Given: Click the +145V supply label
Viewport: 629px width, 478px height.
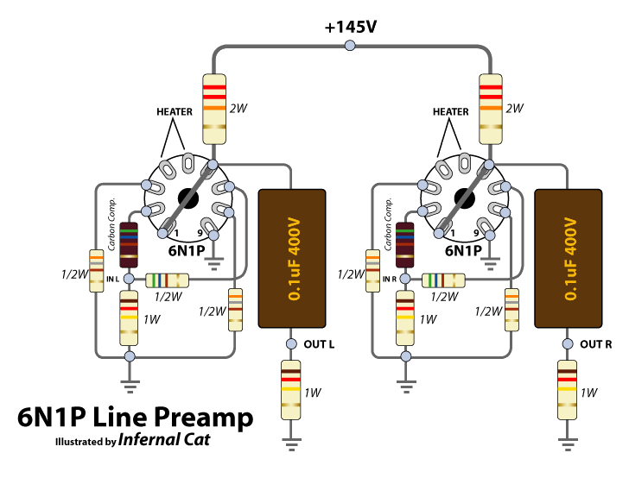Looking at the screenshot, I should (351, 27).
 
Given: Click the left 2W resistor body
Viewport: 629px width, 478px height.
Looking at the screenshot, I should (213, 108).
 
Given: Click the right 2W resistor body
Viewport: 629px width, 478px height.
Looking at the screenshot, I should (491, 108).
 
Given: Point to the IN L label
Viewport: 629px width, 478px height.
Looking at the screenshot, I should (112, 279).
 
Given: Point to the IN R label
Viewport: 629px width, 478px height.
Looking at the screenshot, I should (390, 279).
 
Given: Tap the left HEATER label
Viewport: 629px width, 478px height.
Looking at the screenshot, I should (175, 112).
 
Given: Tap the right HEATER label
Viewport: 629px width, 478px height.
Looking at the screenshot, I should (451, 112).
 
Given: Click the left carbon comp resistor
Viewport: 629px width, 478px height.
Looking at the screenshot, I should (129, 246).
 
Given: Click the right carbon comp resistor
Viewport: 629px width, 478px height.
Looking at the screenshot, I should (405, 246).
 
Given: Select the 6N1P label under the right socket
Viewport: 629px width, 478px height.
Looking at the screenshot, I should (463, 251).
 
